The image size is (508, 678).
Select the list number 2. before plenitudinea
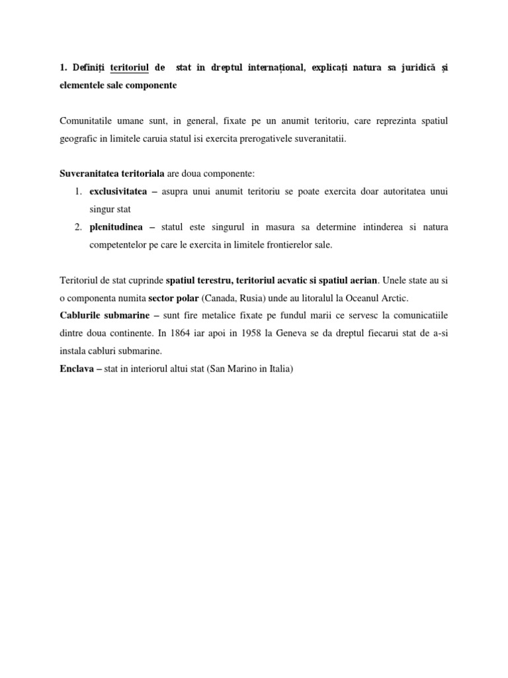(77, 227)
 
